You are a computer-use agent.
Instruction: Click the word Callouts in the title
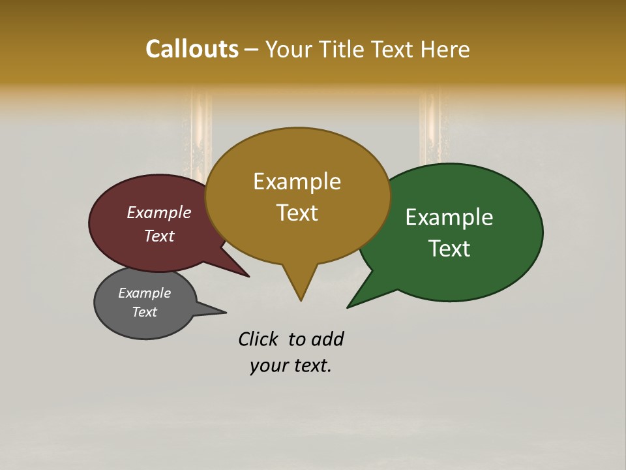coord(192,49)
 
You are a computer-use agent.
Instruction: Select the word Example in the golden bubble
coord(297,181)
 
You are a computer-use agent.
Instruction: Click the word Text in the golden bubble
coord(297,213)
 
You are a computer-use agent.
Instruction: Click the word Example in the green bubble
coord(449,217)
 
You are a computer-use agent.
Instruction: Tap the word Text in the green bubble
coord(449,249)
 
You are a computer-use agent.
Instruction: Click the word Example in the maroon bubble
coord(158,213)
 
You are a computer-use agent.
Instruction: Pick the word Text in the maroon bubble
coord(158,236)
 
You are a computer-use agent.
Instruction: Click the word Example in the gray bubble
coord(144,293)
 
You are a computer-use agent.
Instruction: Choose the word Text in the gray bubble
coord(144,312)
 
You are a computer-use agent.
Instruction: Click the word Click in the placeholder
coord(258,339)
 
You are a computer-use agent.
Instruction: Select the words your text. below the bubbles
coord(291,366)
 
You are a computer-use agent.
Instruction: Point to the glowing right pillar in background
coord(430,127)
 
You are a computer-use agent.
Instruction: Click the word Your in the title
coord(288,49)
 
